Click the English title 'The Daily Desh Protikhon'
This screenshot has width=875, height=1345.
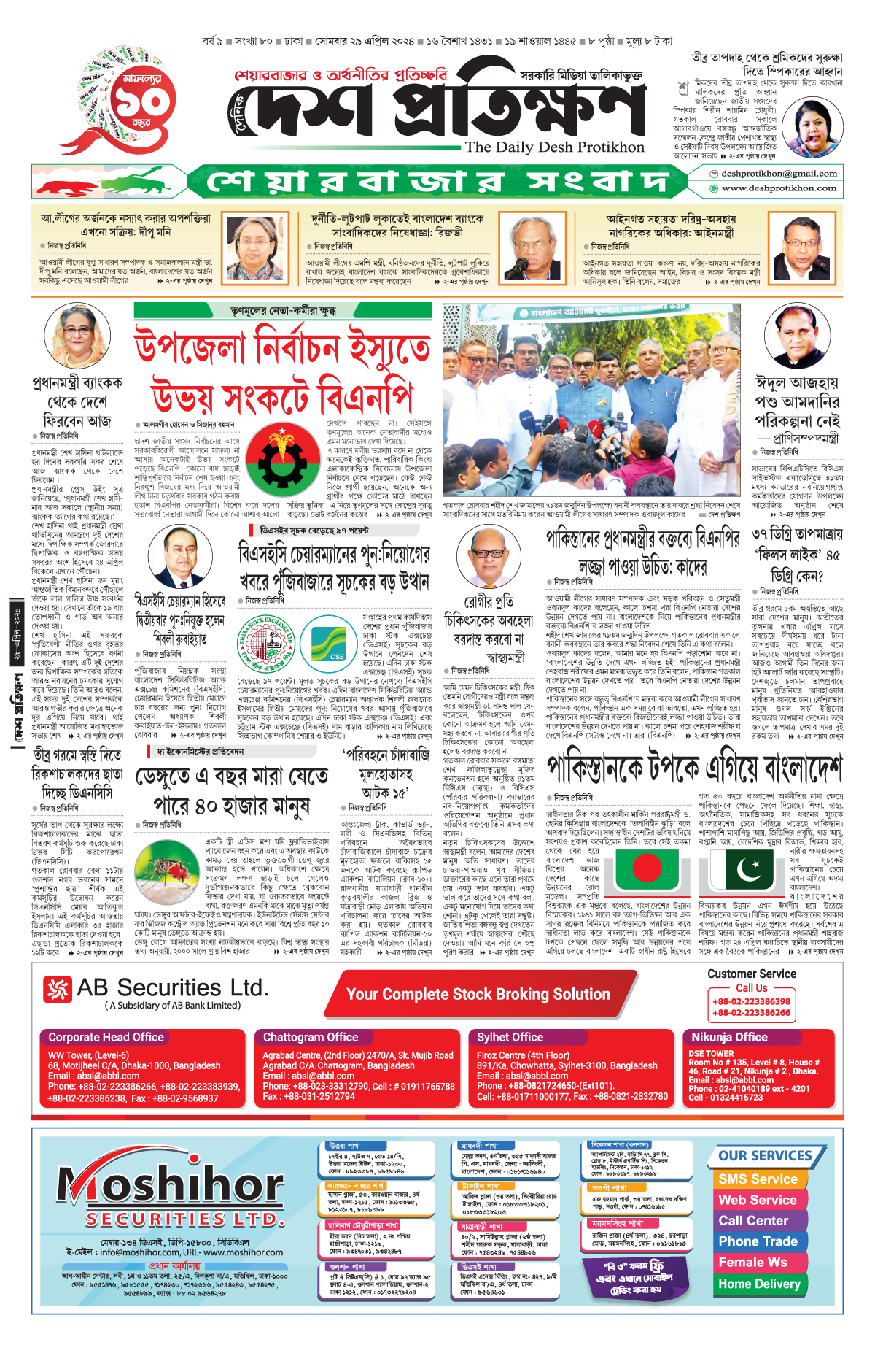[555, 147]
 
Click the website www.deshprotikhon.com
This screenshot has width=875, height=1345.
[778, 188]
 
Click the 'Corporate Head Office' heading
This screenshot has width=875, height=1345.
[106, 1037]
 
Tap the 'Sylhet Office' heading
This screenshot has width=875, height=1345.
[510, 1037]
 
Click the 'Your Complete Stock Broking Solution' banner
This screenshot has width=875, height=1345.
[478, 994]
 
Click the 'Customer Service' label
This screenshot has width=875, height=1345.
[752, 974]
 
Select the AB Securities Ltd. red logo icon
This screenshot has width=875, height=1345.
[58, 990]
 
